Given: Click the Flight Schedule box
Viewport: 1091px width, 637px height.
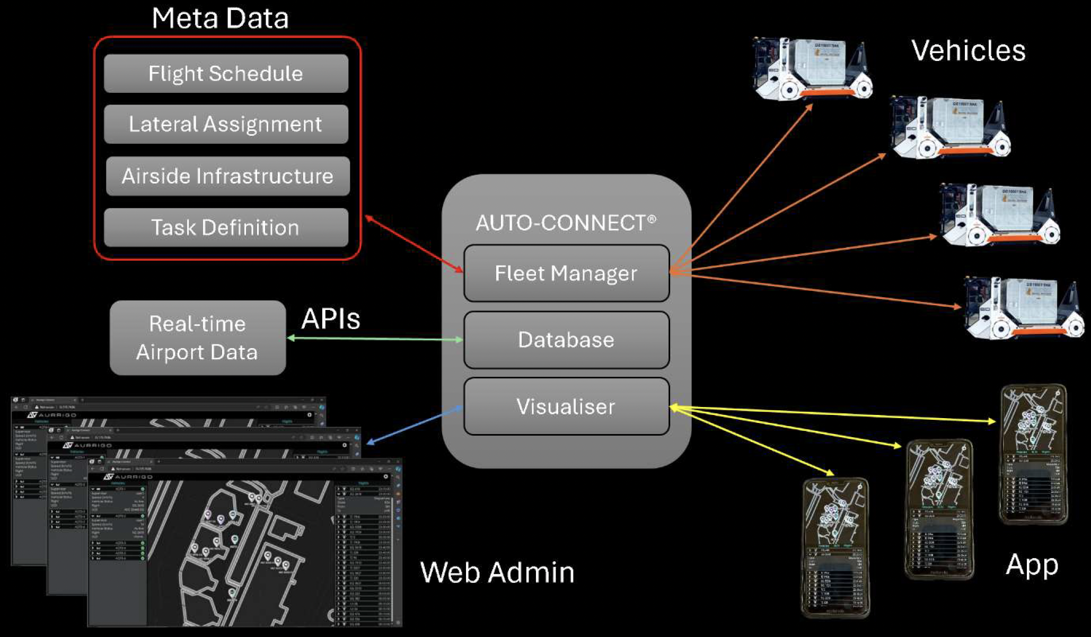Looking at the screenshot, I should coord(226,74).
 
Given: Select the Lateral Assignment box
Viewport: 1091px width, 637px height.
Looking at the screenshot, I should coord(226,125).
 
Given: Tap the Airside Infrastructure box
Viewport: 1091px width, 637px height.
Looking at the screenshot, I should coord(227,176).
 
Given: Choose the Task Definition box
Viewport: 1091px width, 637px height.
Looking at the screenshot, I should coord(226,227).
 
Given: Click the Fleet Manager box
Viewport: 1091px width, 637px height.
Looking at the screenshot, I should coord(566,273).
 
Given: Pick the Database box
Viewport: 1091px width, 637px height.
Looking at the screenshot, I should coord(566,340).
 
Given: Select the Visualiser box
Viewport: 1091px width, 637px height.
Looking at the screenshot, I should coord(566,406).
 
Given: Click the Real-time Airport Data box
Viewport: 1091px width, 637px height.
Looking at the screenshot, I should coord(197,338).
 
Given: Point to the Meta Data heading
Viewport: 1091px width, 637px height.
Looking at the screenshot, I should coord(220,18).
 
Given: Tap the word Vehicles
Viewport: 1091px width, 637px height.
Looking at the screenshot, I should coord(968,51).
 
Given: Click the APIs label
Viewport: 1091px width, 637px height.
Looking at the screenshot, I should coord(331,319).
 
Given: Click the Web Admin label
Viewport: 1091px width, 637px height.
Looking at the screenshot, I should coord(497,572).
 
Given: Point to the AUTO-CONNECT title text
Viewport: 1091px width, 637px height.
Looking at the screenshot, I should coord(565,223).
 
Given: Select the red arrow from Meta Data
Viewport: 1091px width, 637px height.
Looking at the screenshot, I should coord(414,244).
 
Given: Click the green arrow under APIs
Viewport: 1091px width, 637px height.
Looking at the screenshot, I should coord(375,339).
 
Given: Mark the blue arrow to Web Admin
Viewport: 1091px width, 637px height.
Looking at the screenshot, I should coord(415,424).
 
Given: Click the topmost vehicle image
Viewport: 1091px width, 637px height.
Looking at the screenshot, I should coord(812,69).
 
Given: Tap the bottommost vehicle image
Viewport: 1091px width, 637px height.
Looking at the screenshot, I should coord(1023,307).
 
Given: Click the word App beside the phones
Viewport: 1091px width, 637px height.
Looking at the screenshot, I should coord(1032,565).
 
